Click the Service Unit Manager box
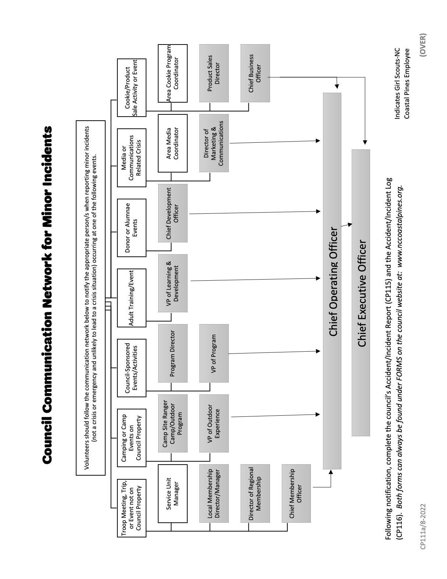coord(173,493)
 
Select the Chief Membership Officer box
coord(296,493)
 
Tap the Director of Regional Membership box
coord(255,493)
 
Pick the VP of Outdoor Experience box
coord(214,423)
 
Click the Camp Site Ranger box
coord(173,423)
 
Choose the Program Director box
coord(173,353)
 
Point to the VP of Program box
coord(214,353)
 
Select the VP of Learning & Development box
coord(173,283)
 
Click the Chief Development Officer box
coord(173,213)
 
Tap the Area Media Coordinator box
coord(173,143)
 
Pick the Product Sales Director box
coord(214,73)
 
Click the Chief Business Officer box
coord(255,73)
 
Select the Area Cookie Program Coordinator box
coord(173,73)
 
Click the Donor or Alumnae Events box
coord(132,228)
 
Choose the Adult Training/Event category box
coord(132,298)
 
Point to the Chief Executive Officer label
coord(362,293)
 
